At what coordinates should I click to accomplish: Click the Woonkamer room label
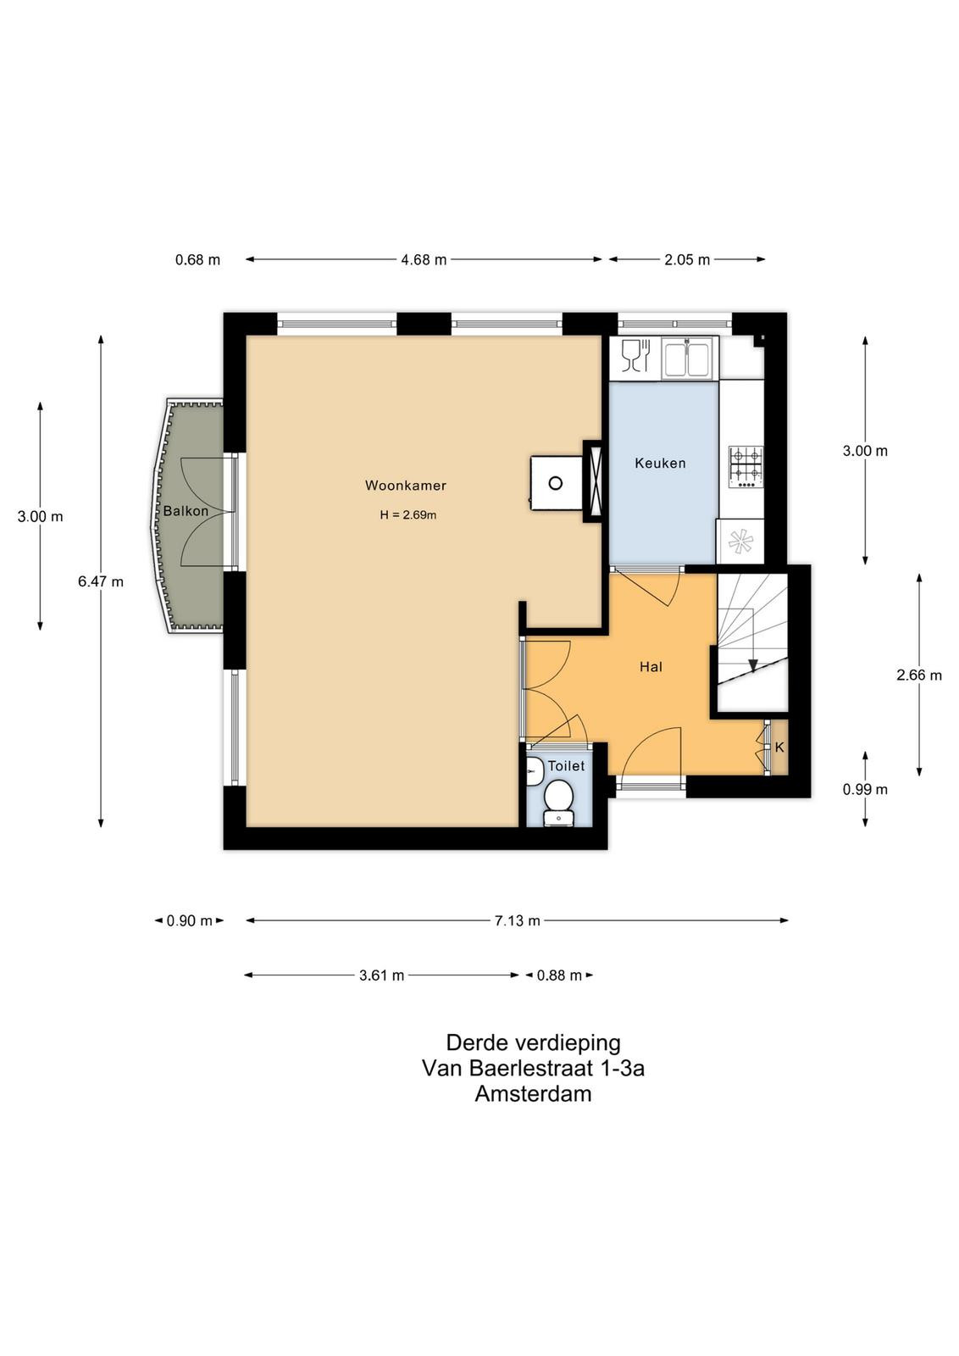(406, 486)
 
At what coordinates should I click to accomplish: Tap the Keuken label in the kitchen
(660, 463)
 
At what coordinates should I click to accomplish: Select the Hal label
(651, 667)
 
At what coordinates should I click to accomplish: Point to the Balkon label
(186, 511)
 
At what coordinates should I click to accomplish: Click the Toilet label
(566, 766)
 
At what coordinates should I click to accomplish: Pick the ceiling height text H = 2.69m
(407, 515)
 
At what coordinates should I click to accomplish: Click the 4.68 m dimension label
(424, 259)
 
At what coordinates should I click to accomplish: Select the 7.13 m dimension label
(518, 920)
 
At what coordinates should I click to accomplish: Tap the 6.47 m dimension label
(101, 581)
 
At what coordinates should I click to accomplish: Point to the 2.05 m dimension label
(687, 259)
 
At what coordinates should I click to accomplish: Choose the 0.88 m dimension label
(559, 975)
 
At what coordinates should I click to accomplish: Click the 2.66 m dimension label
(919, 675)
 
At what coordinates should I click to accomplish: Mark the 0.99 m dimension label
(865, 789)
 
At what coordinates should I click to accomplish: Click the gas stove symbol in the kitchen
(746, 467)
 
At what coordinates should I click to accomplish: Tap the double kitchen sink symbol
(689, 358)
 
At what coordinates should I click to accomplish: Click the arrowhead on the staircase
(752, 664)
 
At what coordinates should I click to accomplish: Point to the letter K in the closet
(779, 747)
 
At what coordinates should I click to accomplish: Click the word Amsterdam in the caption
(533, 1094)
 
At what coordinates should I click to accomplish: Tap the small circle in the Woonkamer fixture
(556, 483)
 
